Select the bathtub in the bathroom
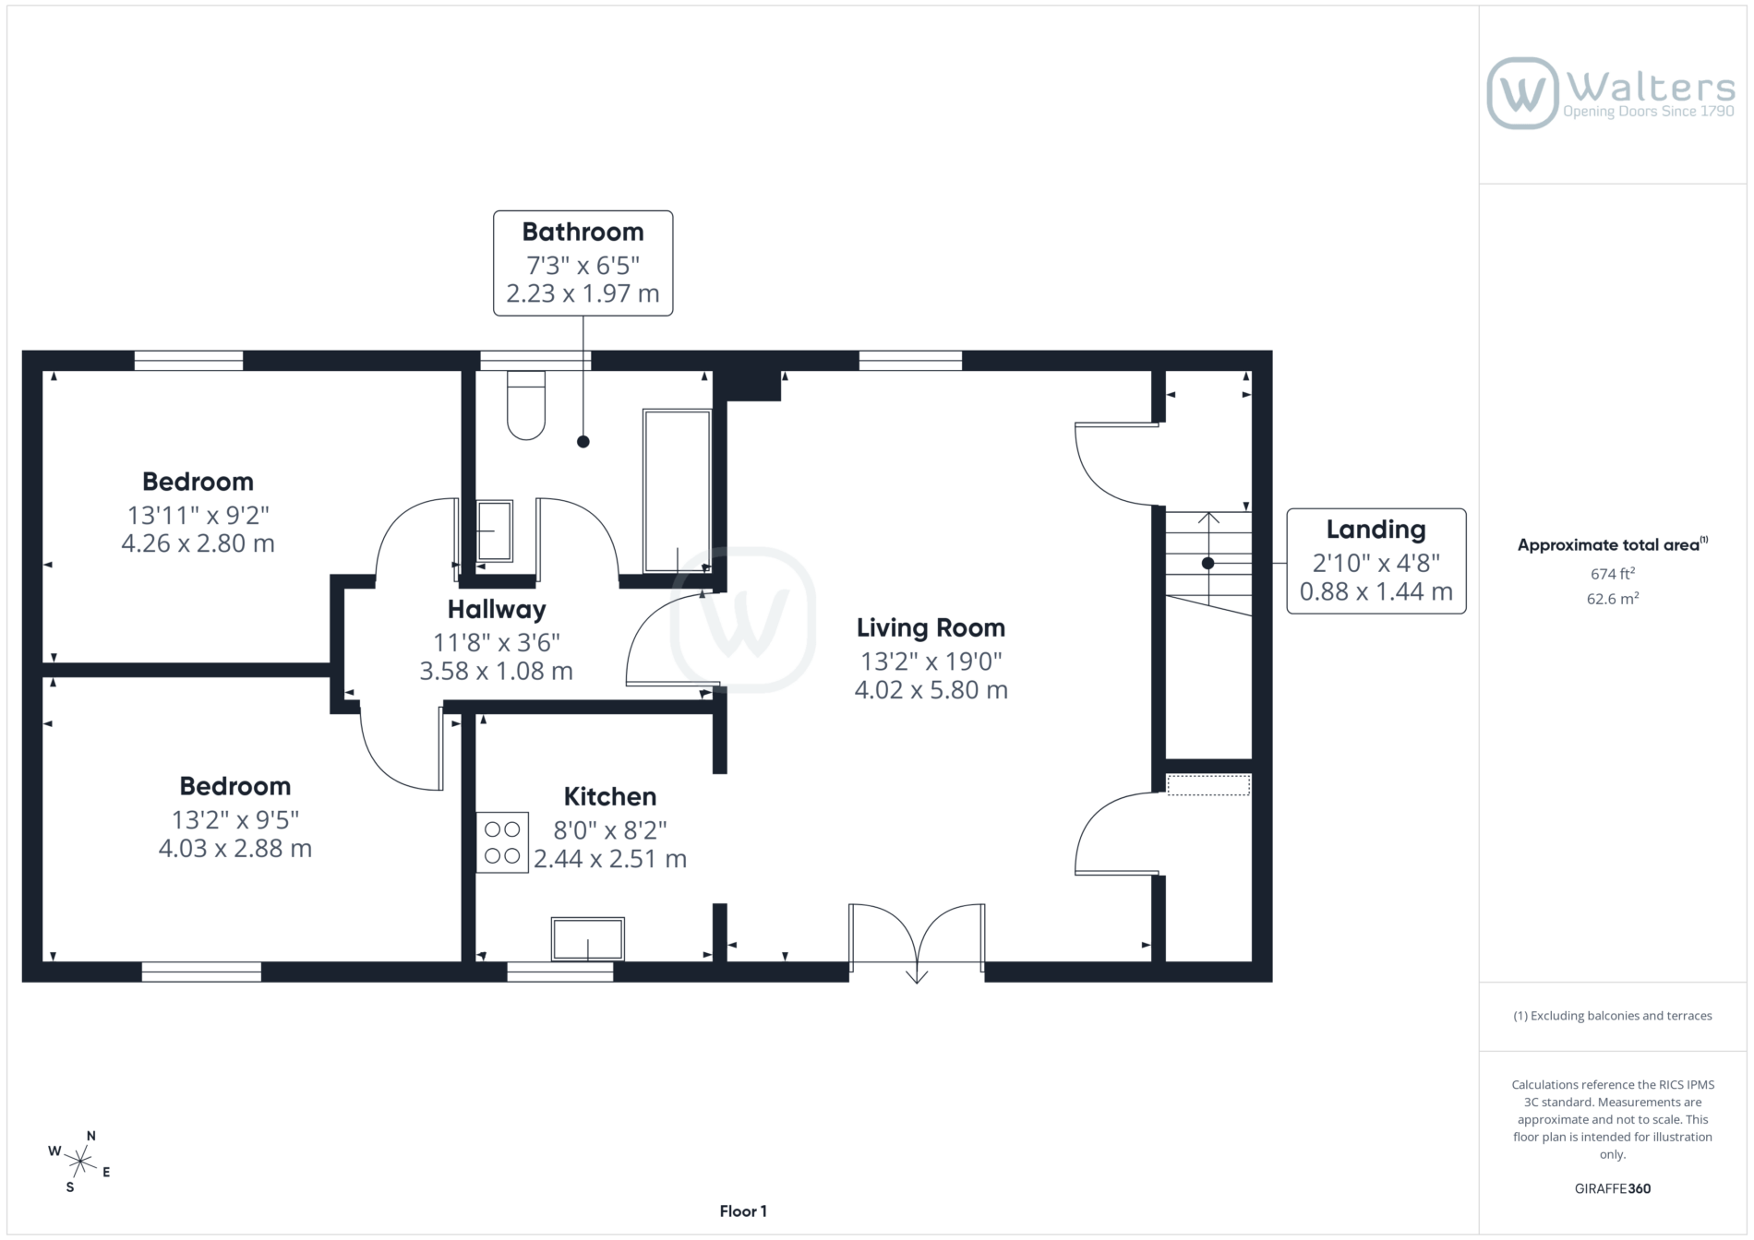pos(677,491)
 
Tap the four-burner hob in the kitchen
pos(502,842)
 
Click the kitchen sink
pos(588,940)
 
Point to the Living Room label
pos(931,627)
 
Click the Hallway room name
pos(497,609)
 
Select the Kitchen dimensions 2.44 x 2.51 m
pos(610,859)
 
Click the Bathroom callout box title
pos(583,232)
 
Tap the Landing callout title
pos(1376,530)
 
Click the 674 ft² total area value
pos(1613,573)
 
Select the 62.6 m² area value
pos(1613,599)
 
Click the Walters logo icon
pos(1522,93)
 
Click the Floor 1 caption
pos(743,1211)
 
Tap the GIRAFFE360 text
pos(1613,1188)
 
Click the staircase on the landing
pos(1208,563)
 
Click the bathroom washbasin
pos(495,531)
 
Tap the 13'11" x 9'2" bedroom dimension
pos(198,515)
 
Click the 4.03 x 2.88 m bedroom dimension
pos(235,849)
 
